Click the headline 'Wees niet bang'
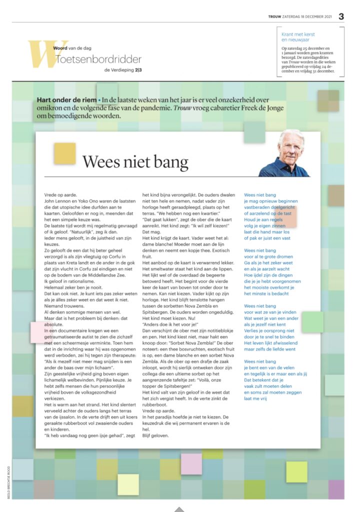(x=135, y=162)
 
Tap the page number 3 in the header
(x=341, y=16)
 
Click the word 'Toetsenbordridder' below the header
(x=99, y=59)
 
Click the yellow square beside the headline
(x=65, y=153)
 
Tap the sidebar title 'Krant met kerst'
(x=302, y=33)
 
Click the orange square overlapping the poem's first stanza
(x=286, y=216)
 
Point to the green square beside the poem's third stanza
(x=312, y=322)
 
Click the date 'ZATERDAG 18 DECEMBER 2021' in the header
(x=307, y=17)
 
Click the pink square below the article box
(x=191, y=463)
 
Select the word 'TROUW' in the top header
(x=274, y=17)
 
